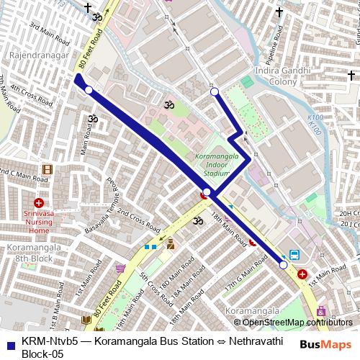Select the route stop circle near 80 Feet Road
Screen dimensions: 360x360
(x=89, y=90)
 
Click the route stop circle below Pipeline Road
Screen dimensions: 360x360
(x=214, y=91)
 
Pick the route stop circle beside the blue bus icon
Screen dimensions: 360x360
(x=283, y=265)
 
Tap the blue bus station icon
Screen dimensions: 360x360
(x=294, y=255)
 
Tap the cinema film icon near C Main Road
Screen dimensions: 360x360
(x=47, y=169)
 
